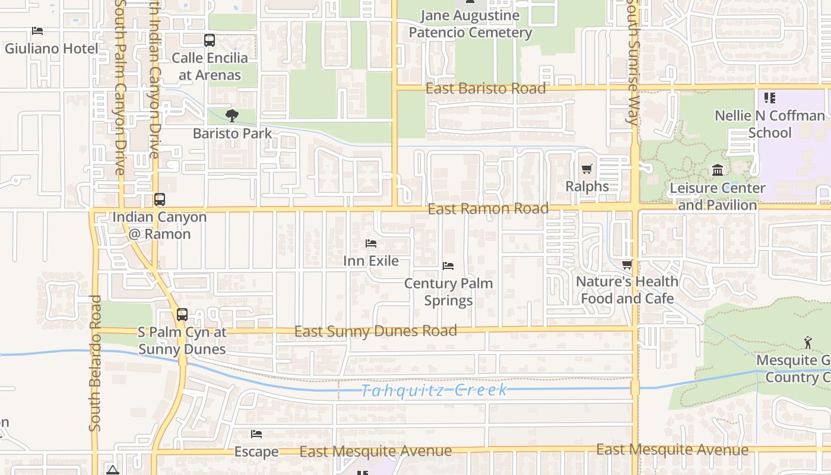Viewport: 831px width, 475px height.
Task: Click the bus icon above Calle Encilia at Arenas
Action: click(210, 40)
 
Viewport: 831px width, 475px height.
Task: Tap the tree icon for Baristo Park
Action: click(232, 116)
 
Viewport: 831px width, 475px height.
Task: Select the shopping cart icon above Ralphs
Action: click(587, 169)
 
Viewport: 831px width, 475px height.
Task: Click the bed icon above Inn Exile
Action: click(371, 243)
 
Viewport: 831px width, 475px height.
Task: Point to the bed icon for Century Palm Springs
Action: click(448, 266)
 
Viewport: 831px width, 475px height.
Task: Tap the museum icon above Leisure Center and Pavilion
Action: click(718, 170)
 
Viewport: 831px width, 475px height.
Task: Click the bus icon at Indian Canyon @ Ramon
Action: click(160, 199)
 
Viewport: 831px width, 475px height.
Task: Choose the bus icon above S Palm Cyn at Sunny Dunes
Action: click(182, 315)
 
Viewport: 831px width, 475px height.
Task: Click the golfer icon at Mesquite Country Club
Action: click(808, 343)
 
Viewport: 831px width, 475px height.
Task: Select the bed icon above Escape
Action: click(256, 434)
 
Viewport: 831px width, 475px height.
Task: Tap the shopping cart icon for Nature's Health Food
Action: click(627, 264)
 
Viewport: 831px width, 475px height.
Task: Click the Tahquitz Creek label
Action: click(434, 390)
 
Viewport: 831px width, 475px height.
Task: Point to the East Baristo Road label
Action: click(486, 88)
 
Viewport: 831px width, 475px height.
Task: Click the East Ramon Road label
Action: click(488, 209)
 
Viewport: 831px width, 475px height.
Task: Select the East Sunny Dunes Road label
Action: click(376, 331)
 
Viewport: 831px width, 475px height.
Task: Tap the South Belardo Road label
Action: click(95, 363)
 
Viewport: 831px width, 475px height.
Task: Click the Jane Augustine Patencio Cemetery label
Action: click(470, 24)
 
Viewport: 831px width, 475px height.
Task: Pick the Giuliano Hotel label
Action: click(52, 48)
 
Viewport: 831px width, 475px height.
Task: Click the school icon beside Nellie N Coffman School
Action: click(770, 98)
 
